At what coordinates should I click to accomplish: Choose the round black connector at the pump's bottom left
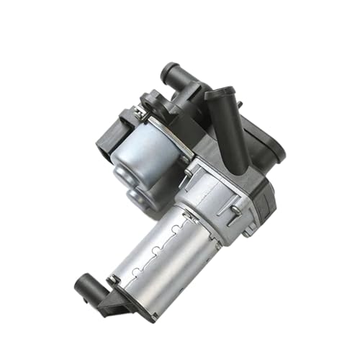point(85,284)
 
